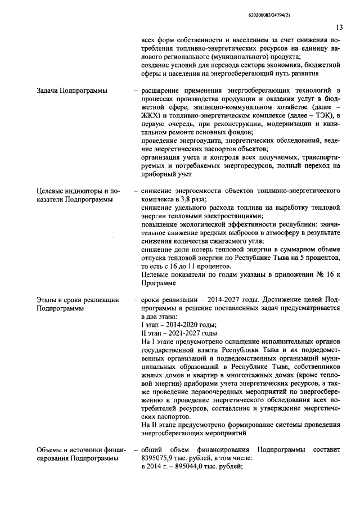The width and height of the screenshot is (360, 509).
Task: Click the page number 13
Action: tap(339, 27)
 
